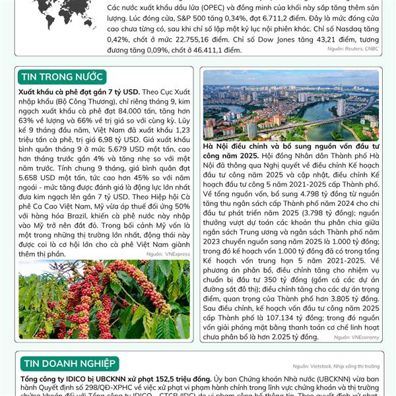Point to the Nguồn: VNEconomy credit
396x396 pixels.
(x=357, y=337)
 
